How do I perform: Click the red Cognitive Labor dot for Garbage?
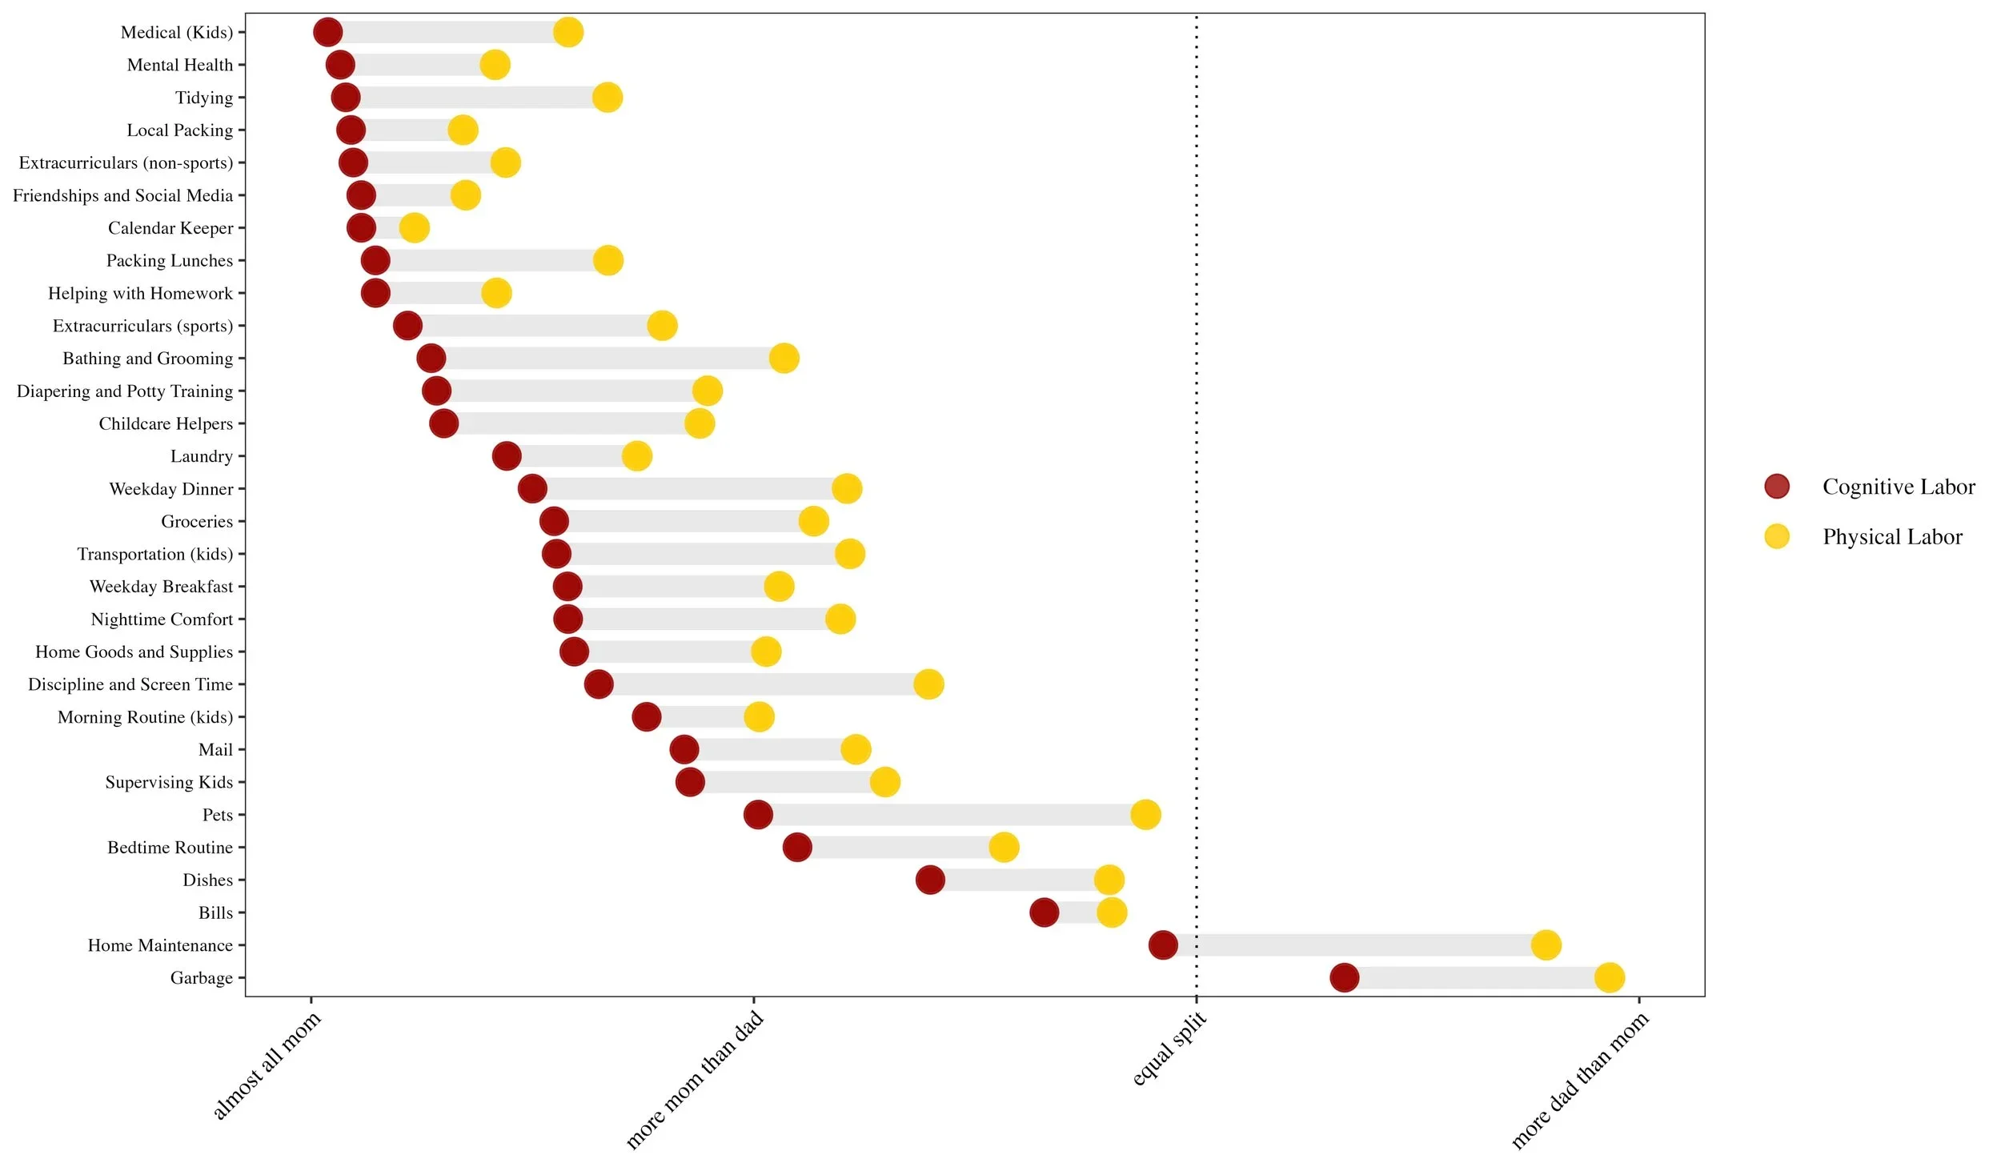click(1344, 977)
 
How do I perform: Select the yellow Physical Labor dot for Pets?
click(1145, 814)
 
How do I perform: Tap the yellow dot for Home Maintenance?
click(1546, 944)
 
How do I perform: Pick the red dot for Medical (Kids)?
click(327, 32)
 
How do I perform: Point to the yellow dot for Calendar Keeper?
click(414, 227)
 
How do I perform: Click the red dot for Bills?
click(1044, 912)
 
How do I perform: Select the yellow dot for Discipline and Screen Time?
click(928, 684)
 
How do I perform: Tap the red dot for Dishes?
click(930, 880)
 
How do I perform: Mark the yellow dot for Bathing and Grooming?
click(784, 358)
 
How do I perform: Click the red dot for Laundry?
click(507, 455)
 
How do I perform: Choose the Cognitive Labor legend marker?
click(1777, 486)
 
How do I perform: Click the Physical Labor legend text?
click(1892, 536)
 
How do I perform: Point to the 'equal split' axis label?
click(1169, 1049)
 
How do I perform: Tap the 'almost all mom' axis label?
click(267, 1065)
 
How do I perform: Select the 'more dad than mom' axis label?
click(1580, 1081)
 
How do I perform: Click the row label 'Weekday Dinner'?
click(171, 488)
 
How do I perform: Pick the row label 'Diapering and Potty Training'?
click(125, 391)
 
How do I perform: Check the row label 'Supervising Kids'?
click(169, 782)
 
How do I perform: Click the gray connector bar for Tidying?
click(476, 98)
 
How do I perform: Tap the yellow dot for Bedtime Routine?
click(1004, 847)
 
